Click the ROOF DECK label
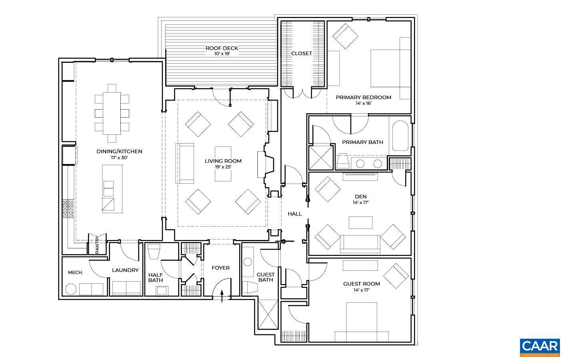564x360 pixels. tap(222, 48)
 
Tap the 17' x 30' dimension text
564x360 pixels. tap(119, 158)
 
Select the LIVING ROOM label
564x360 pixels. tap(223, 161)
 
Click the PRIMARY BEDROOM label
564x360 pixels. tap(363, 97)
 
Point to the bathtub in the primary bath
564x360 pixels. tap(400, 136)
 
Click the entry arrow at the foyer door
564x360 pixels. tap(222, 296)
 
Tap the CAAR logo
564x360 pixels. tap(540, 346)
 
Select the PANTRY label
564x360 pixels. tap(97, 244)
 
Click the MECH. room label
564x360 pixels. tap(75, 272)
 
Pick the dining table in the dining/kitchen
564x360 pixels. tap(112, 113)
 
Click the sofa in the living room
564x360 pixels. tap(185, 163)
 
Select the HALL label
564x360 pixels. tap(295, 214)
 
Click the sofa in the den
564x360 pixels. tap(360, 244)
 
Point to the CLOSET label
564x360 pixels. tap(302, 54)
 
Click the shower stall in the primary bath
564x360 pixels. tap(321, 158)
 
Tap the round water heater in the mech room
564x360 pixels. tap(71, 289)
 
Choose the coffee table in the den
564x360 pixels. tap(360, 222)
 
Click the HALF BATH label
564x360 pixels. tap(156, 277)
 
